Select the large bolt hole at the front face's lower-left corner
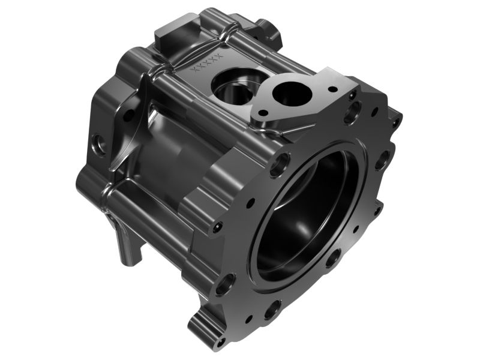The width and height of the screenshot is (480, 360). tap(225, 283)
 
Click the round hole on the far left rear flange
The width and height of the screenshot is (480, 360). tap(99, 144)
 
